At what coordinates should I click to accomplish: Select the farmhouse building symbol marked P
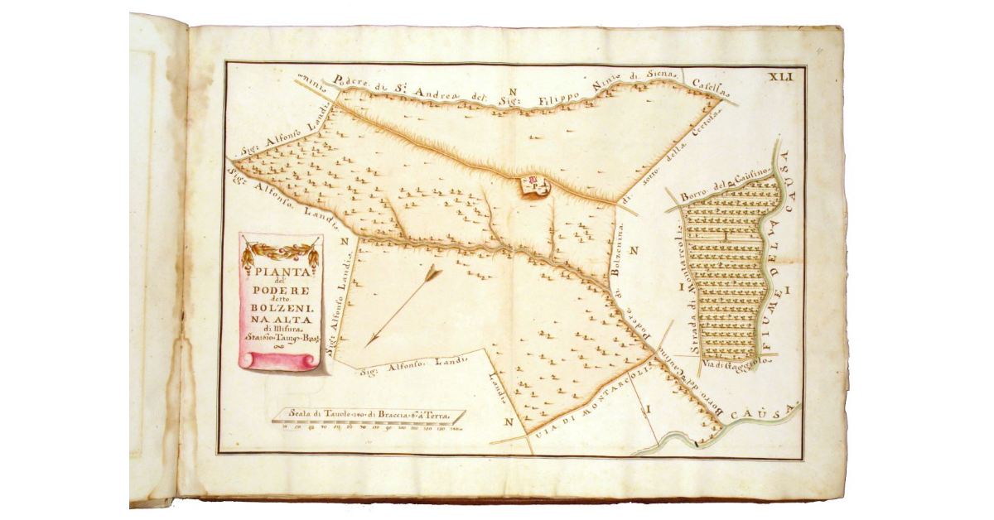534,187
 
